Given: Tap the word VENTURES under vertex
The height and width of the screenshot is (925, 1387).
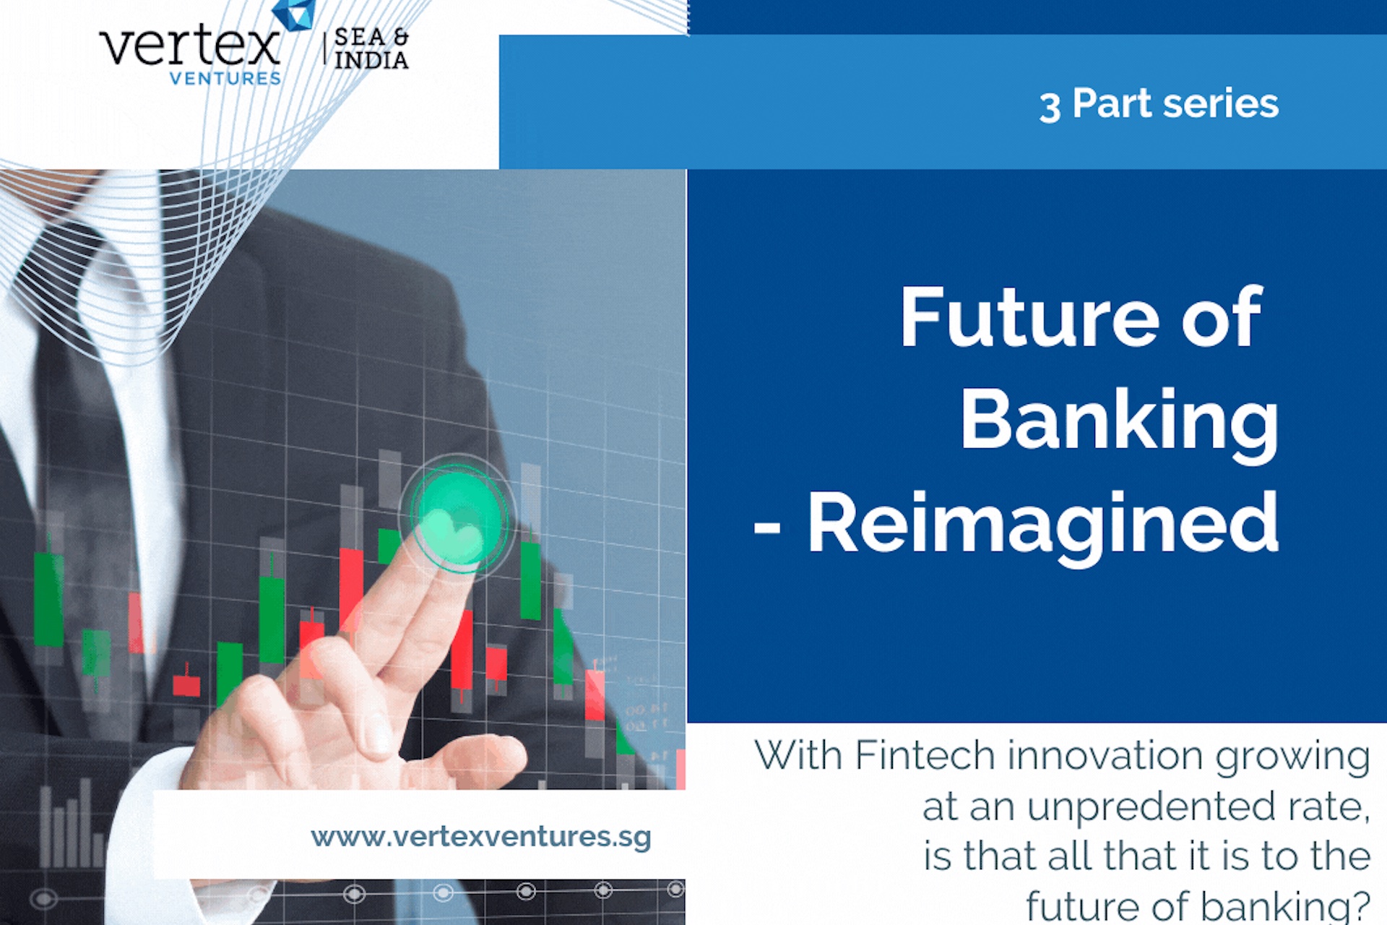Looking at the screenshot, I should pyautogui.click(x=225, y=78).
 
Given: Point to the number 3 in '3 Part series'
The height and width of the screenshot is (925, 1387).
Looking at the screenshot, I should pyautogui.click(x=1050, y=106).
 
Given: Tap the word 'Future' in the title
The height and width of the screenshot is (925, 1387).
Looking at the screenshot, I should pyautogui.click(x=1029, y=318).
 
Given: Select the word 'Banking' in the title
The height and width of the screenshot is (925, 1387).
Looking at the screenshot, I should pyautogui.click(x=1118, y=421).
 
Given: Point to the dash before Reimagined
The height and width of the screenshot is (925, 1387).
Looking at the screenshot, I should pyautogui.click(x=767, y=527).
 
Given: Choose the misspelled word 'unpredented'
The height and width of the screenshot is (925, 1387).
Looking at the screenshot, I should pyautogui.click(x=1151, y=806).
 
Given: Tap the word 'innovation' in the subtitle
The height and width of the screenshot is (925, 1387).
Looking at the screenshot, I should pyautogui.click(x=1105, y=756).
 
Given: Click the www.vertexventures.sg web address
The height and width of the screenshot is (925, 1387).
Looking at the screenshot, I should pyautogui.click(x=480, y=837).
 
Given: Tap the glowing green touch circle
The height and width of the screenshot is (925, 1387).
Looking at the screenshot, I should pyautogui.click(x=456, y=515).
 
